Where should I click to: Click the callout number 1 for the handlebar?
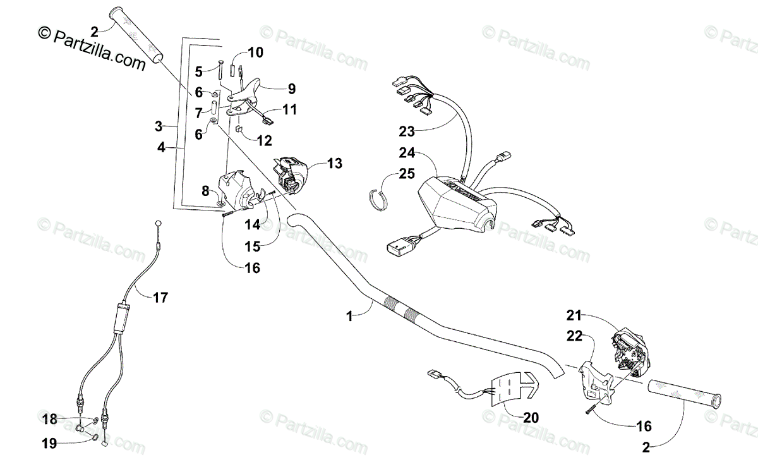[x=349, y=318]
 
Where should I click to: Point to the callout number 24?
[x=407, y=152]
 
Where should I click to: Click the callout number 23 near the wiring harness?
[x=407, y=131]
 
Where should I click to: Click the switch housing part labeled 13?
[x=291, y=173]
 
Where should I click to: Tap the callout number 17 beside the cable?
[x=160, y=296]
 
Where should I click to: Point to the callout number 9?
[x=291, y=88]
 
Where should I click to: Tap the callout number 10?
[x=255, y=52]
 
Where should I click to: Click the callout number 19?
[x=50, y=444]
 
